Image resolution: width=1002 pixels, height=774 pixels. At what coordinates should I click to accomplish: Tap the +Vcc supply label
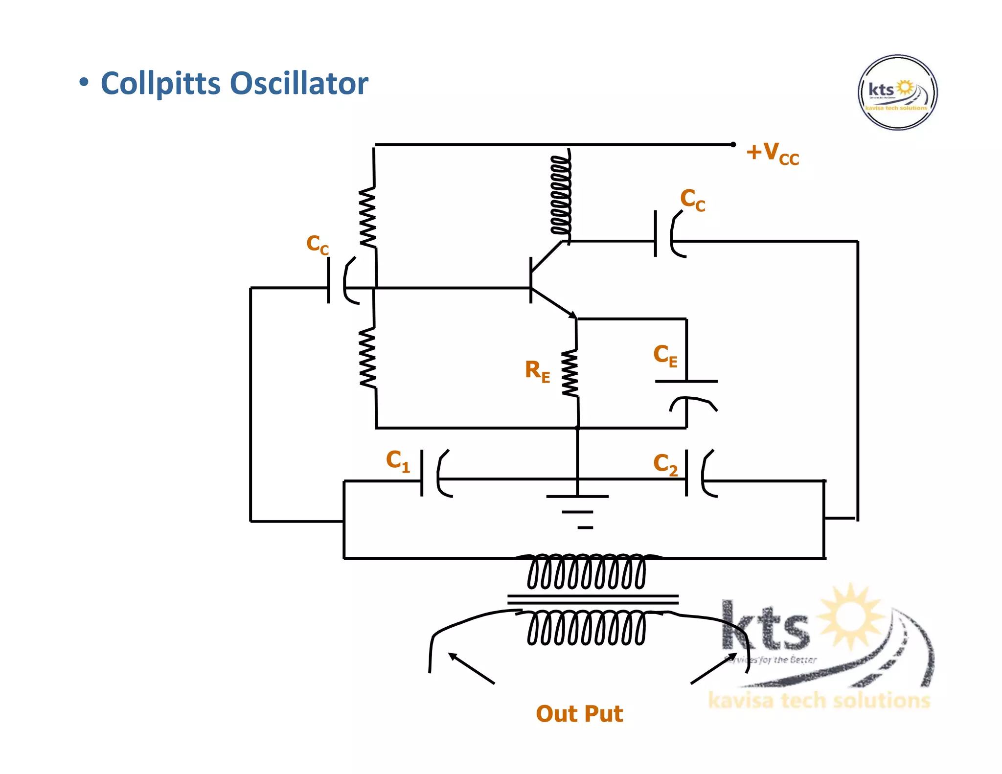772,154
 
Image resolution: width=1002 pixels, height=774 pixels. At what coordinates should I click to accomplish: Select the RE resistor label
537,371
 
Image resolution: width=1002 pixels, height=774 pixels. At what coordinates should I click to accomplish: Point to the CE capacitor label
665,355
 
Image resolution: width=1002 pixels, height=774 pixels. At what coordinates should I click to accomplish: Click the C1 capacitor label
397,461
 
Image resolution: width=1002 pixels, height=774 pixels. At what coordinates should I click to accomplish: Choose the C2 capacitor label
665,464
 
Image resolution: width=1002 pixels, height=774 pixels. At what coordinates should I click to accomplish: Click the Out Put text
579,713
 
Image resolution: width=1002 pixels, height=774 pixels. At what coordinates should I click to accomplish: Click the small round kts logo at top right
897,92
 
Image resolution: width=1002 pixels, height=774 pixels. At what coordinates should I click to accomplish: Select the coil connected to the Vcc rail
561,196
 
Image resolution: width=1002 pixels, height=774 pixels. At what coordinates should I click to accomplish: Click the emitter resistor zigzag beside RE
570,373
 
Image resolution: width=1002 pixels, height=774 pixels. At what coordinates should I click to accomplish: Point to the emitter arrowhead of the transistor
572,315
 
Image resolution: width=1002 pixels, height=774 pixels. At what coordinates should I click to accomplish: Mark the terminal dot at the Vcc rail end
733,144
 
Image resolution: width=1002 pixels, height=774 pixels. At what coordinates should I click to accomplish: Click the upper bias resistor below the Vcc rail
368,217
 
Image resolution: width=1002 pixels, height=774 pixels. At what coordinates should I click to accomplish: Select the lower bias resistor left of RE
368,358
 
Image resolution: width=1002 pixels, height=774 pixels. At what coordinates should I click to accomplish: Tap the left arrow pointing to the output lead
471,668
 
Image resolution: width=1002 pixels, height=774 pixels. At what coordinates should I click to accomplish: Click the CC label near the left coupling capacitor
317,244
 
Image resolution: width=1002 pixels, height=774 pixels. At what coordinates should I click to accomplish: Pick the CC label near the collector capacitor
692,200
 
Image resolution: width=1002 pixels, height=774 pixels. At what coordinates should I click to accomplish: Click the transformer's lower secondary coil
586,629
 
